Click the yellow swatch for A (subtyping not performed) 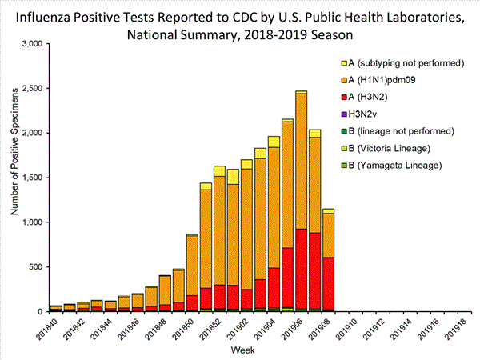(344, 63)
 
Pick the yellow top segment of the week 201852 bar (219, 170)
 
